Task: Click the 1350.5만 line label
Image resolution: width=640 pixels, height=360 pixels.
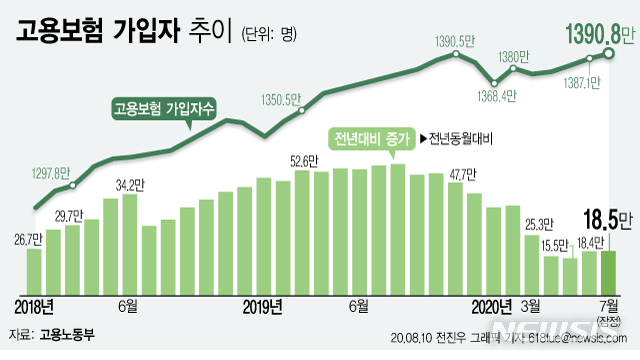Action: (280, 99)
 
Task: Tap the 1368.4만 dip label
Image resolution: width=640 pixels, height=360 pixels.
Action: (494, 97)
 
